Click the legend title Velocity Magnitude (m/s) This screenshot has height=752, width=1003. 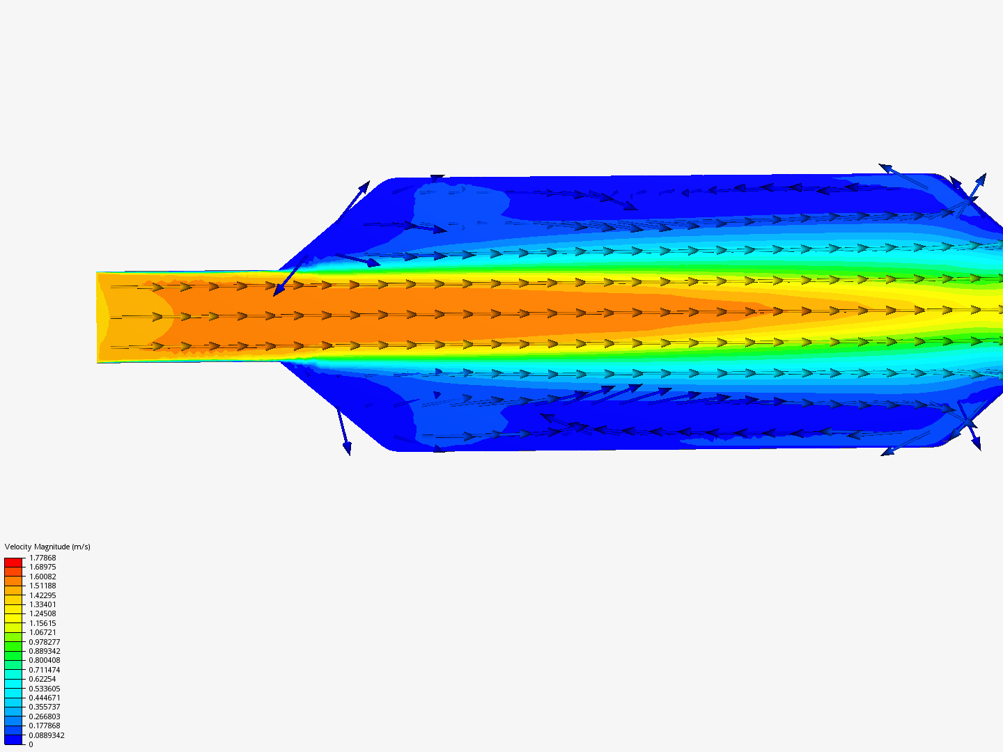tap(47, 547)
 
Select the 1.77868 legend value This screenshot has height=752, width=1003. tap(42, 558)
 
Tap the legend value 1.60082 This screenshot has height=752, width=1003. tap(42, 577)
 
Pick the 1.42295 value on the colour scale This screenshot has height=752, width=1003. tap(42, 595)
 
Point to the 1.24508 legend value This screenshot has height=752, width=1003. tap(42, 613)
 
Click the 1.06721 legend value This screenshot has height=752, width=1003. tap(42, 632)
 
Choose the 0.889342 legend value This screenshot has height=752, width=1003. tap(45, 651)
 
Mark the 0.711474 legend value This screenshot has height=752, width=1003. tap(45, 670)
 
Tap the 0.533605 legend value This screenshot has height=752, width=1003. tap(45, 689)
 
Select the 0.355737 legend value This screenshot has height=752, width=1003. tap(45, 707)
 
